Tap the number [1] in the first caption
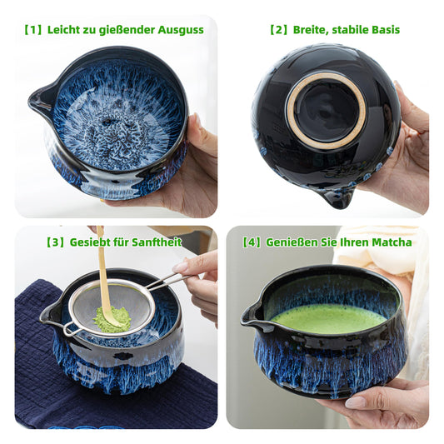[x=32, y=30]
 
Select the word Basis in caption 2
[x=382, y=30]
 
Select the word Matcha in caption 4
[x=391, y=242]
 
